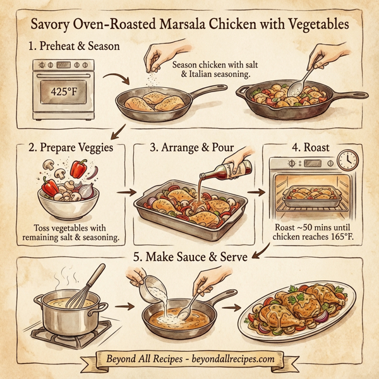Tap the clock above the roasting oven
coord(347,158)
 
